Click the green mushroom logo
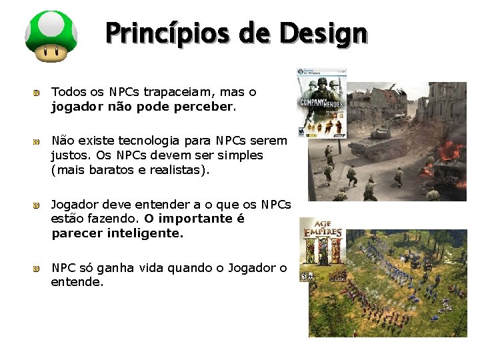click(x=51, y=37)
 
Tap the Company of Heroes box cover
click(x=322, y=103)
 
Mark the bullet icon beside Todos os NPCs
click(x=38, y=92)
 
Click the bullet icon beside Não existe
click(x=38, y=141)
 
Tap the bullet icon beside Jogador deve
click(x=38, y=205)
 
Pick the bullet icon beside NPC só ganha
click(x=38, y=269)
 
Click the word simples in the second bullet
click(x=240, y=155)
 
